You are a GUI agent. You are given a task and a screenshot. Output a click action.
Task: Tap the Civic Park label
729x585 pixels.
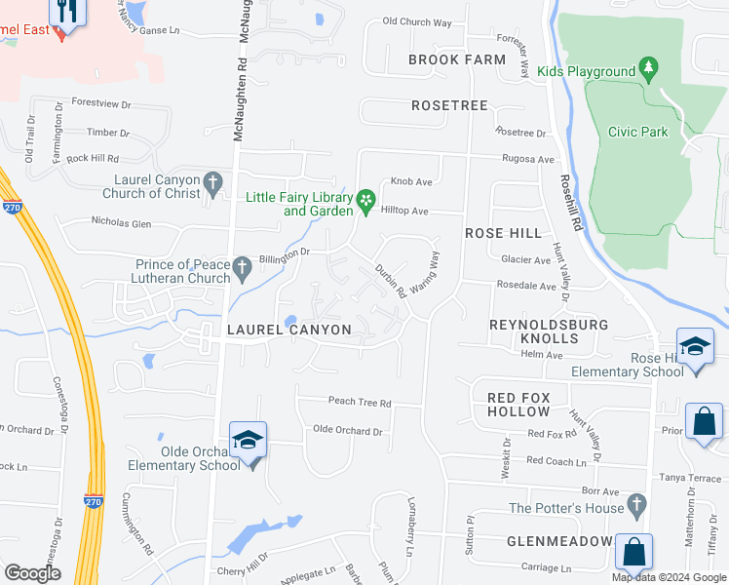(x=637, y=132)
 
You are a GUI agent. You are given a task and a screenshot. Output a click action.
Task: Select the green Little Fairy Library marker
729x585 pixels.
(x=365, y=202)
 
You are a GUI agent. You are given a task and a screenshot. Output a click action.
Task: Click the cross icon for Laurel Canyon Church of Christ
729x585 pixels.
(x=213, y=182)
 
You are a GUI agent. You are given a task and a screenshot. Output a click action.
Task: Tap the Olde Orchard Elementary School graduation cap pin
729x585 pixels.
(x=248, y=441)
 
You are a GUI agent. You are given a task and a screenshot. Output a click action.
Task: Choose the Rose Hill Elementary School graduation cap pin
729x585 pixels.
(x=695, y=348)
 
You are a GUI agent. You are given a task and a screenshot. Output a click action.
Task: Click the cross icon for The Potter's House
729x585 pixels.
(x=636, y=505)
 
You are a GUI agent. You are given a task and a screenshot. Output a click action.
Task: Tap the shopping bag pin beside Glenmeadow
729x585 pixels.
(x=633, y=552)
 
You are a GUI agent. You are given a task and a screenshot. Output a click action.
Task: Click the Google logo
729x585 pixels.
(x=33, y=573)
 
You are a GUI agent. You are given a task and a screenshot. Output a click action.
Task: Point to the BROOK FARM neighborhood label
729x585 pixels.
(x=457, y=59)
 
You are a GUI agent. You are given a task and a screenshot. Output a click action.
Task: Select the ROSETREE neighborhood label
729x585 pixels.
(x=449, y=104)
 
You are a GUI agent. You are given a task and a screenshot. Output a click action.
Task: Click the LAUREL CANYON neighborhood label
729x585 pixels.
(x=288, y=331)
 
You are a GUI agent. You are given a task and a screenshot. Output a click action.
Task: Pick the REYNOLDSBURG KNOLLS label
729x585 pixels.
(x=548, y=331)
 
